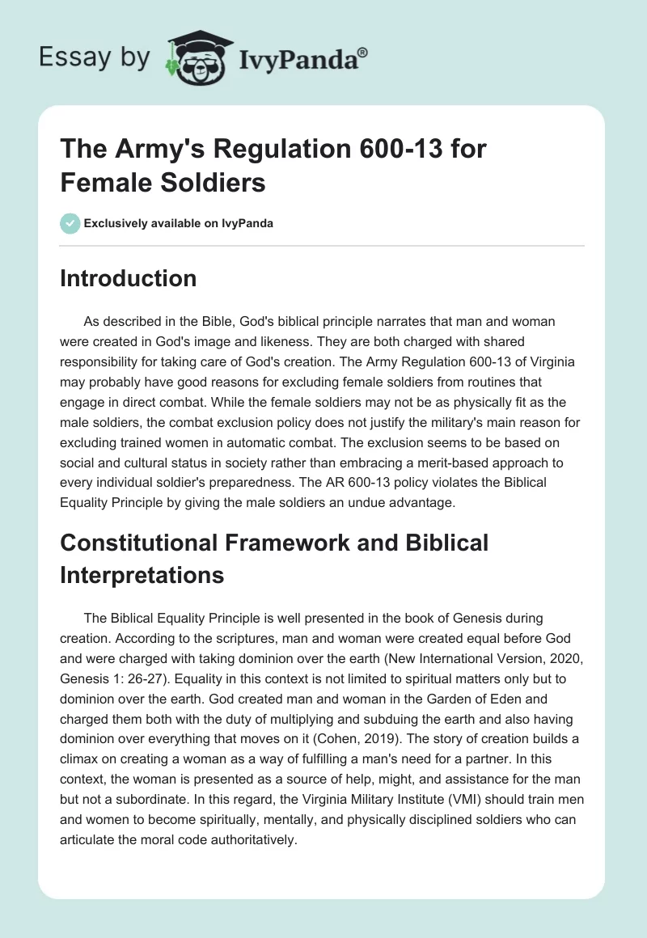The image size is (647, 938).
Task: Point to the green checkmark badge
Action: click(70, 223)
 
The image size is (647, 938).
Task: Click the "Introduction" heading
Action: click(128, 278)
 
